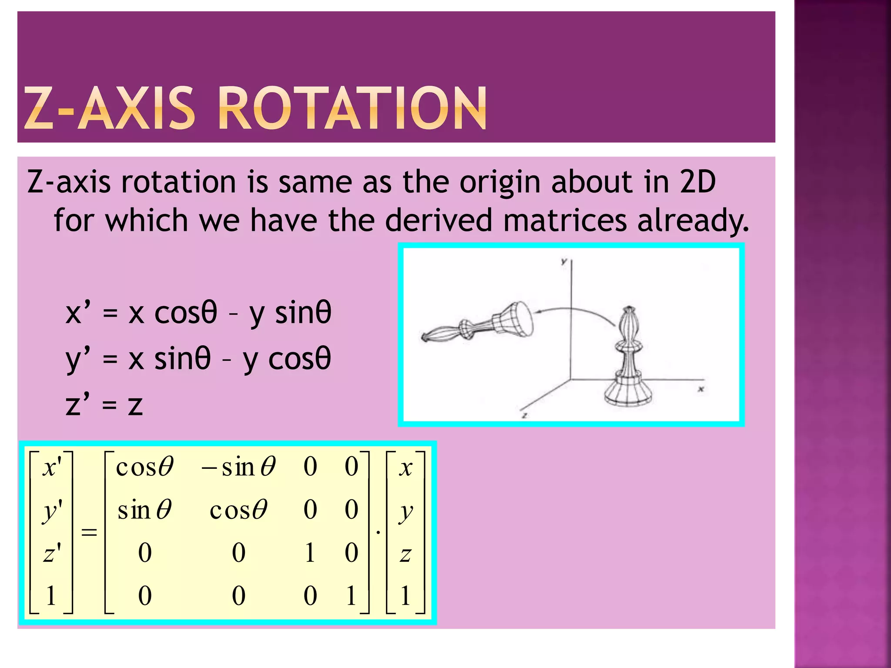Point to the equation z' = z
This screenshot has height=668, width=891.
tap(104, 404)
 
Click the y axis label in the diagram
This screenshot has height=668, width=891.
tap(564, 261)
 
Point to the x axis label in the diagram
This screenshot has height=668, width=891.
tap(700, 389)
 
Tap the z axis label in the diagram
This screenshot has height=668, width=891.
tap(525, 415)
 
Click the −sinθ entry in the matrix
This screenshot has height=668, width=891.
tap(238, 467)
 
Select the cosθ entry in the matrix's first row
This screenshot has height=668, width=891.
tap(144, 467)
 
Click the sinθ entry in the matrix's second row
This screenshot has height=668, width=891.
tap(144, 510)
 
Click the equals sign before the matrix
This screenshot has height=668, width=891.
tap(89, 531)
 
